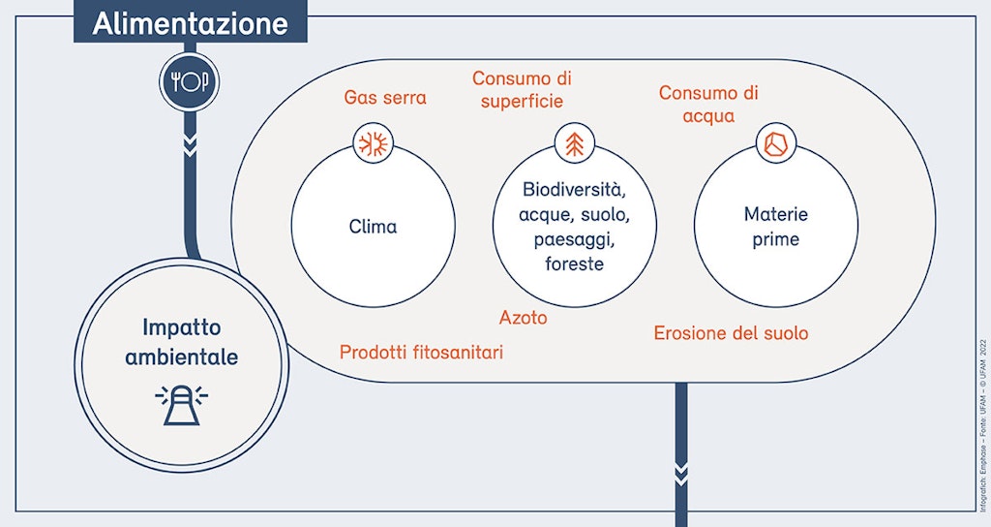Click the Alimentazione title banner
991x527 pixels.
[191, 22]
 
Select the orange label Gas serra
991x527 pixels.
[385, 98]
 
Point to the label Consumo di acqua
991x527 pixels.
[708, 105]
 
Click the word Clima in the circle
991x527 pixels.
[373, 228]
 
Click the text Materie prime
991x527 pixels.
[776, 227]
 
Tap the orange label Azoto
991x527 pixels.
[524, 318]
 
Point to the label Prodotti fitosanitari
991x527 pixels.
[421, 353]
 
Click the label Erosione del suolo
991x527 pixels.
[731, 333]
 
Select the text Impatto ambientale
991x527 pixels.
[190, 342]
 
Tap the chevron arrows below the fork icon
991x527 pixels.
[191, 146]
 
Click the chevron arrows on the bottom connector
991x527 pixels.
[681, 474]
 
